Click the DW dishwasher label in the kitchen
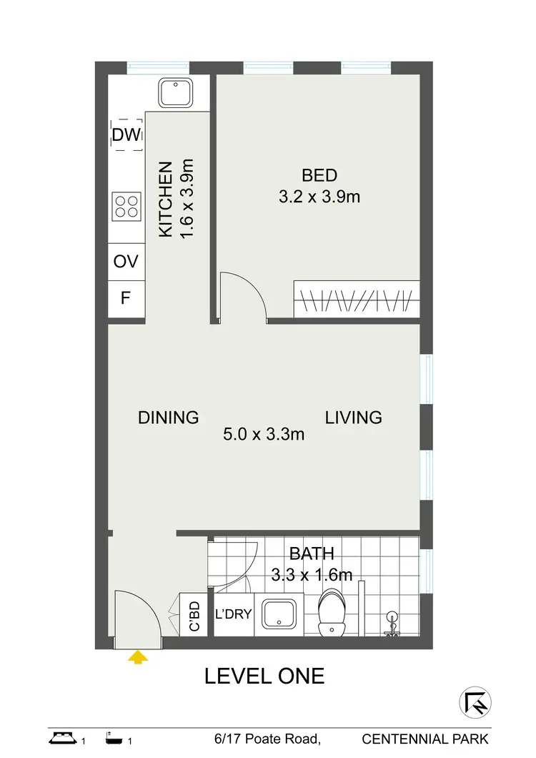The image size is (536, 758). pyautogui.click(x=126, y=134)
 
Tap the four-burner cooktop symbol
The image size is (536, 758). pyautogui.click(x=126, y=206)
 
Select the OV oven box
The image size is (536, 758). pyautogui.click(x=126, y=261)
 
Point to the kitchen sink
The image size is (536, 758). pyautogui.click(x=172, y=93)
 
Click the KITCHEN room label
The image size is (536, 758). pyautogui.click(x=165, y=200)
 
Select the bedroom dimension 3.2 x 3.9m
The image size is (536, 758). pyautogui.click(x=319, y=196)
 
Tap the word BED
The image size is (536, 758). pyautogui.click(x=319, y=175)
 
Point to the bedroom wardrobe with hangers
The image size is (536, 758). pyautogui.click(x=355, y=299)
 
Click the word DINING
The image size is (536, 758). pyautogui.click(x=168, y=418)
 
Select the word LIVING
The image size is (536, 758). pyautogui.click(x=354, y=418)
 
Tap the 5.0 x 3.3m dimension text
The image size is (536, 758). pyautogui.click(x=264, y=434)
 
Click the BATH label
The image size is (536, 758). pyautogui.click(x=312, y=553)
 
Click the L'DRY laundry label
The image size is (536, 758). pyautogui.click(x=233, y=614)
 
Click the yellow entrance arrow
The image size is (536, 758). pyautogui.click(x=137, y=656)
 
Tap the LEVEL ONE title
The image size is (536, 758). pyautogui.click(x=264, y=676)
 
